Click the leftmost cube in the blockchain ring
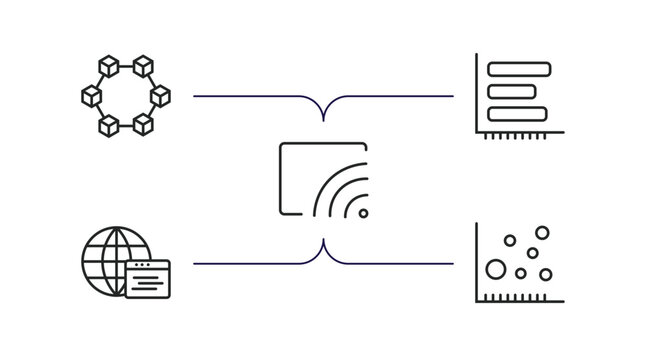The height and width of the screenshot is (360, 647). point(90,96)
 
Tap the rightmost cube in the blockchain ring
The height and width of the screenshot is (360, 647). point(160,96)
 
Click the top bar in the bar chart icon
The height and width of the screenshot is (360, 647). point(519,68)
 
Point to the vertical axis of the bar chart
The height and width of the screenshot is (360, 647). point(477,94)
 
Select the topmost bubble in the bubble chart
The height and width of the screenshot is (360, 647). point(542,233)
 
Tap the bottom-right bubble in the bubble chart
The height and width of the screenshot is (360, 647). point(546,274)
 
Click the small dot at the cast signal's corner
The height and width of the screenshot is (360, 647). point(362,213)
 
